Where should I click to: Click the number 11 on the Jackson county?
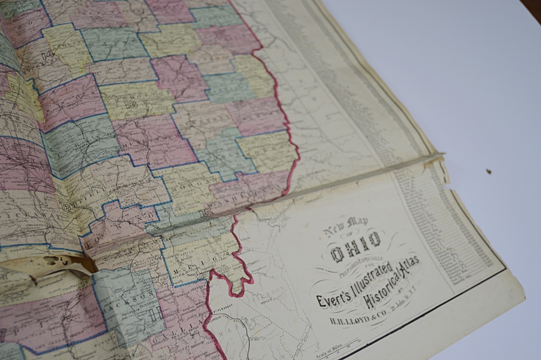tap(157, 313)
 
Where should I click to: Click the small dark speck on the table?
tap(489, 172)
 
